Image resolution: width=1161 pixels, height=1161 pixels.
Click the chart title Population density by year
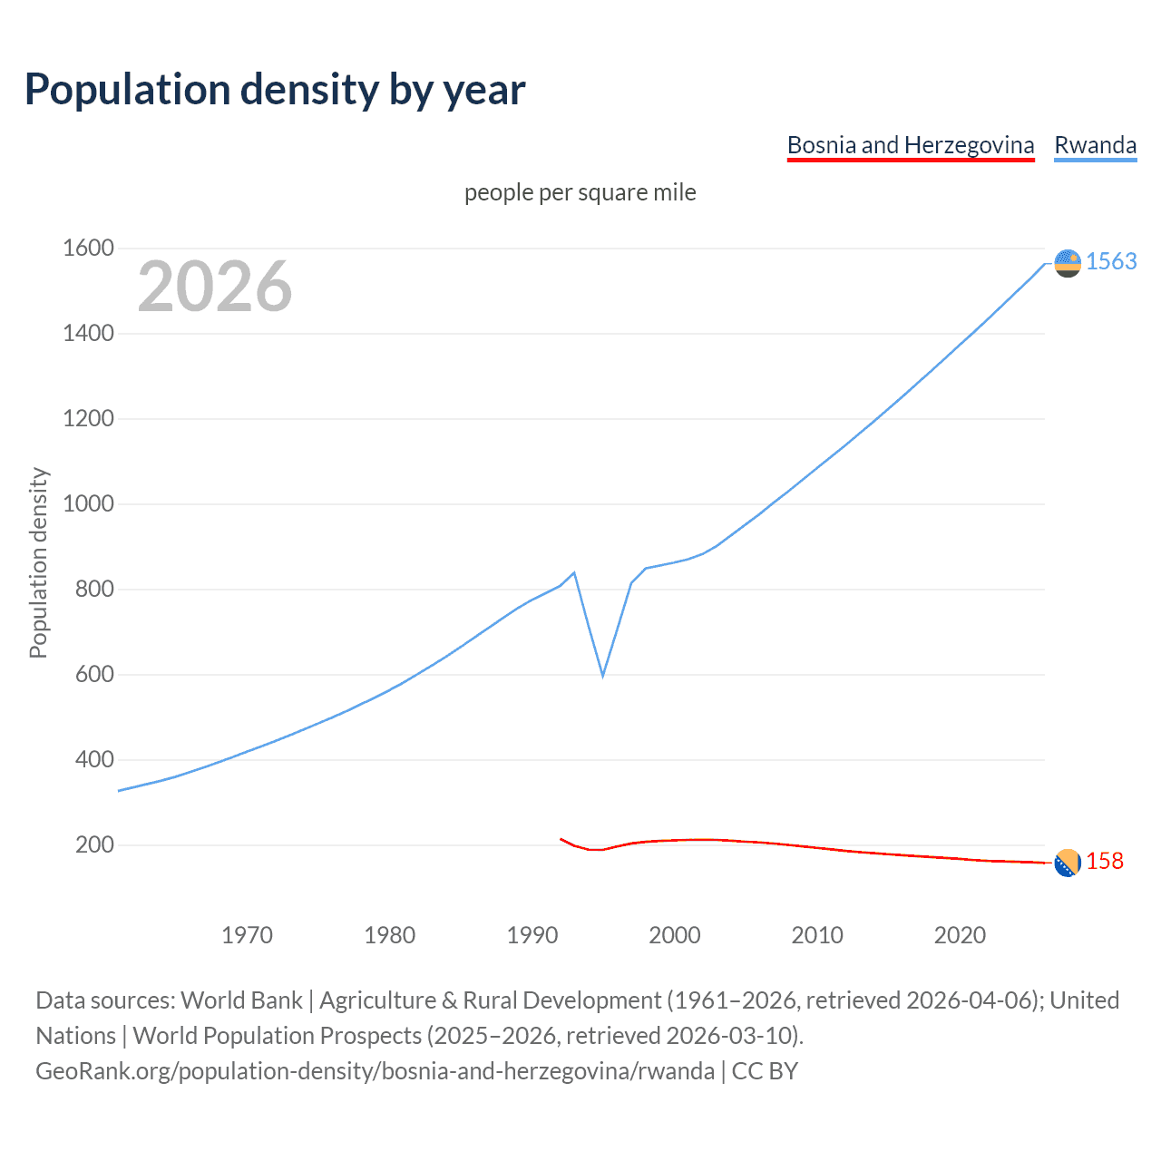[275, 89]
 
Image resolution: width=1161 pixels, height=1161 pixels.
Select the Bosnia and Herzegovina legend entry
[910, 145]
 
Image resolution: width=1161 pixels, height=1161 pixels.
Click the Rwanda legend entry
[1095, 145]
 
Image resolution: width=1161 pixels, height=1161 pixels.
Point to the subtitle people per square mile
[580, 192]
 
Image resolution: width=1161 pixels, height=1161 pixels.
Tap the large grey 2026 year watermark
[215, 287]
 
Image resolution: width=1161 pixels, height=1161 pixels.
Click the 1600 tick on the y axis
[88, 248]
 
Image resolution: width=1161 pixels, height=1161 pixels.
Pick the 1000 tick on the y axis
[88, 503]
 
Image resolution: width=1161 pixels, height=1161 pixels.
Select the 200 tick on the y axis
[94, 844]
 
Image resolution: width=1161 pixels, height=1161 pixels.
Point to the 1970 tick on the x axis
[247, 935]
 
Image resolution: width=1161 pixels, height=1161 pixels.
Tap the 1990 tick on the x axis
[532, 935]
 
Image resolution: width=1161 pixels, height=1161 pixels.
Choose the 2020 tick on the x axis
[960, 935]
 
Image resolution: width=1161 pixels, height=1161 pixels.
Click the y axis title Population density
[38, 562]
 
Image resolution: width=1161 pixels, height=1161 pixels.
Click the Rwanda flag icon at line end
[1068, 263]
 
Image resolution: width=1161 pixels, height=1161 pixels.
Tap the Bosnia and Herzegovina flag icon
[1068, 863]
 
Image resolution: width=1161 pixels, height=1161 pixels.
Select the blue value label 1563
[1111, 261]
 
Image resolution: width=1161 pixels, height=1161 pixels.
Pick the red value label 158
[1105, 861]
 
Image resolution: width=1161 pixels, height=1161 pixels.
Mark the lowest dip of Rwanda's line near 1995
[602, 676]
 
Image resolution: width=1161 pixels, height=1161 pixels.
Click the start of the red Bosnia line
[561, 839]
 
